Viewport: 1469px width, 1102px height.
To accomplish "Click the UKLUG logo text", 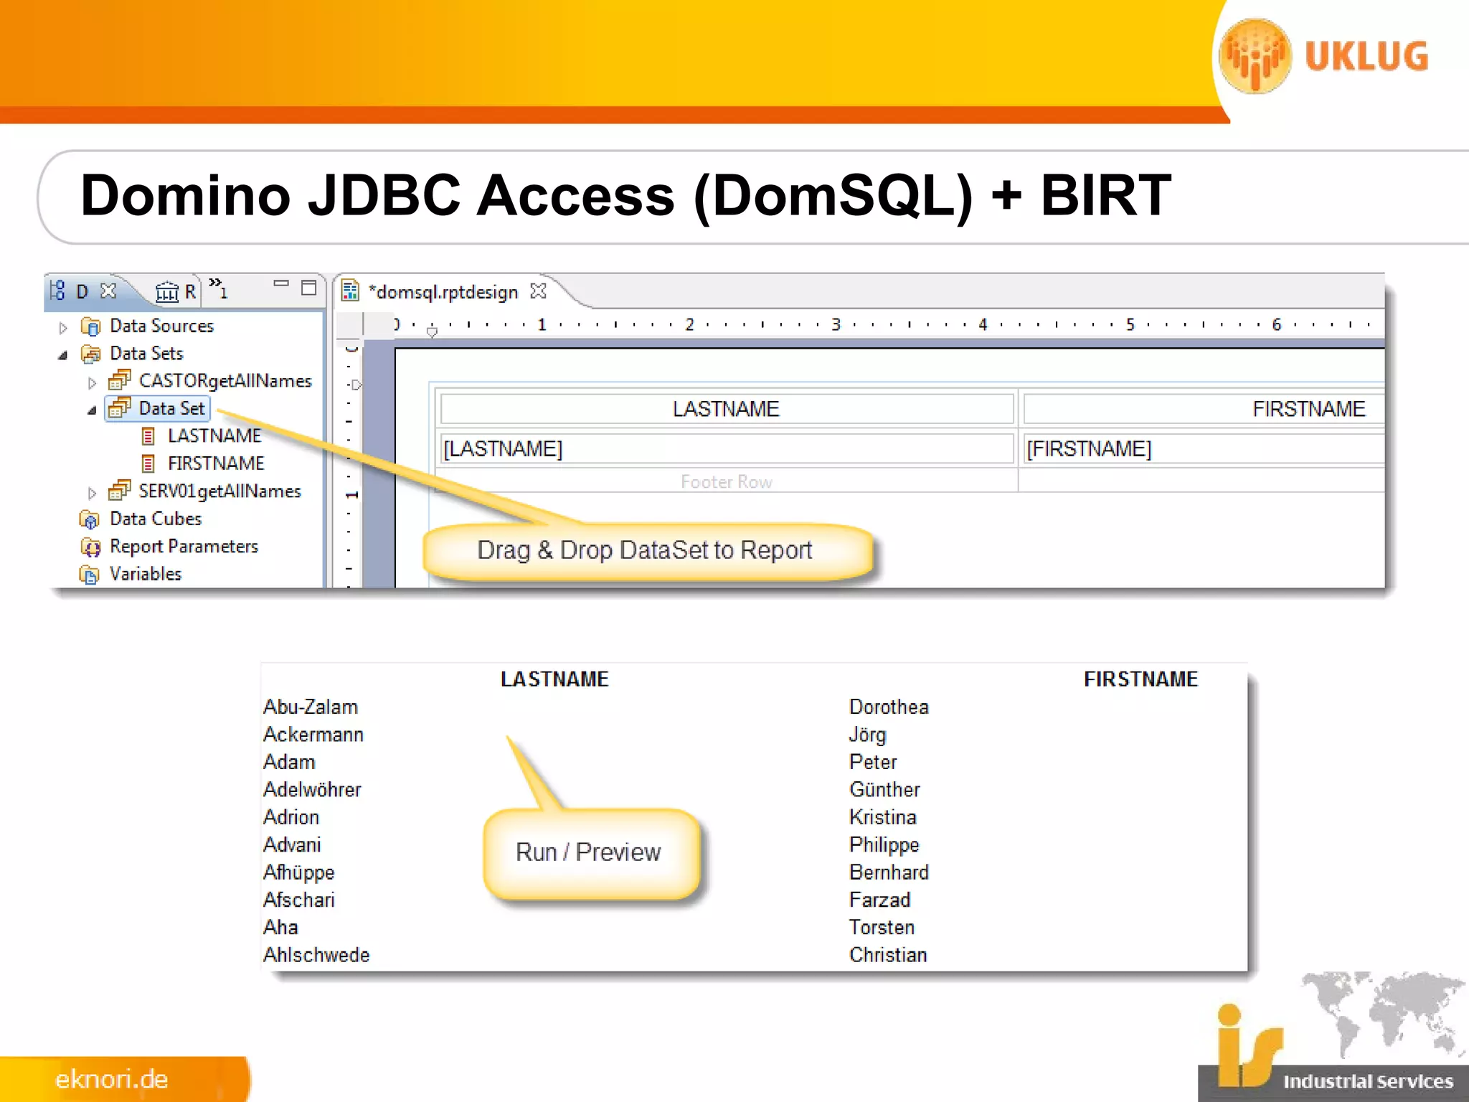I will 1366,57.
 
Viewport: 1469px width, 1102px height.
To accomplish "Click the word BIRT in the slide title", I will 1105,195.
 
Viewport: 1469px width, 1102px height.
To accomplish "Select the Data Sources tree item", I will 161,326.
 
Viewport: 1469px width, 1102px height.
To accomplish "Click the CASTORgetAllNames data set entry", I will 225,381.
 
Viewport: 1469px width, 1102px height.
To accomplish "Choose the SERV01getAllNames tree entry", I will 219,491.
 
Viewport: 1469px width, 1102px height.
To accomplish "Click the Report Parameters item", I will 184,547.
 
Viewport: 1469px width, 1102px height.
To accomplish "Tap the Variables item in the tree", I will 145,574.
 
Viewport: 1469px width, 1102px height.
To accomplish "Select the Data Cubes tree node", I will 155,519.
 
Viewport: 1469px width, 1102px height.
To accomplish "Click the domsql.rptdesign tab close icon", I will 538,291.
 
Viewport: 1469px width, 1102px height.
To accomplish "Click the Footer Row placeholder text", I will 726,482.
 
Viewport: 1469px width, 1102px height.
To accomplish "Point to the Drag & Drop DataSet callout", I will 644,550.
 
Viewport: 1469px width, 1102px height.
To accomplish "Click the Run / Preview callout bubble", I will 588,852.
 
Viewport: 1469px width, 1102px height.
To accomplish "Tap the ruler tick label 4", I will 983,325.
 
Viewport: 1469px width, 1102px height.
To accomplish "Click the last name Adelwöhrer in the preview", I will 312,790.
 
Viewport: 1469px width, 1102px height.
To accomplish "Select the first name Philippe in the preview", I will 884,845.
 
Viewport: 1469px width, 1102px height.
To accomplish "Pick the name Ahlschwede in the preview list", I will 316,955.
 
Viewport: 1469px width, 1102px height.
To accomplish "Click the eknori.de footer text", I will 112,1079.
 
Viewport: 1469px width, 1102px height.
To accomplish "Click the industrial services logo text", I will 1367,1081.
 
